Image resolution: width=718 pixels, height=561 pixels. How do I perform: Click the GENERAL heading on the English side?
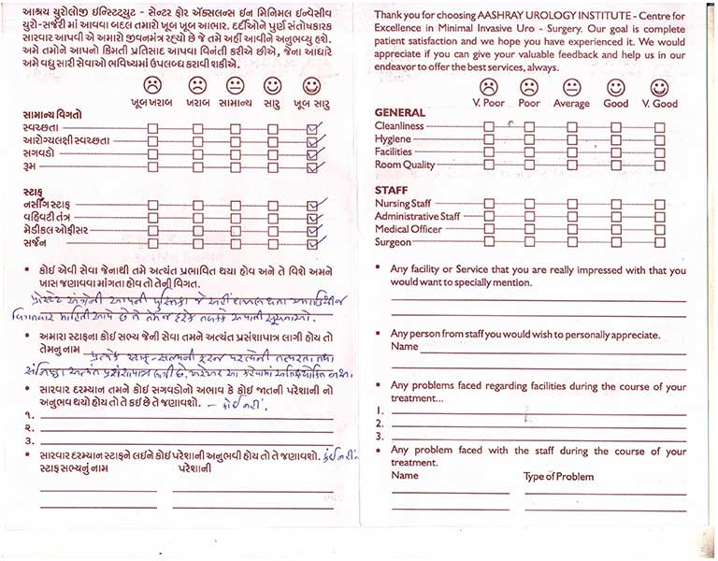pyautogui.click(x=399, y=111)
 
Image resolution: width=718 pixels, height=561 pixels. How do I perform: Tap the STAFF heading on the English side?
pyautogui.click(x=391, y=190)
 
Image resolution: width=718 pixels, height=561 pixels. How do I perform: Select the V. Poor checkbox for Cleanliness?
pyautogui.click(x=488, y=126)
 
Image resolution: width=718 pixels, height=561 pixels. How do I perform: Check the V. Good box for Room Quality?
pyautogui.click(x=660, y=165)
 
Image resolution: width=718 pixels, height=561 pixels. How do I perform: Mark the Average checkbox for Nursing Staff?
pyautogui.click(x=571, y=203)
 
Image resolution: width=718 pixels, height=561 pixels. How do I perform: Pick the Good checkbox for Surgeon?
pyautogui.click(x=615, y=242)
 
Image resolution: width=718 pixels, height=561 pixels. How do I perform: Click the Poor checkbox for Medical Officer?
pyautogui.click(x=529, y=229)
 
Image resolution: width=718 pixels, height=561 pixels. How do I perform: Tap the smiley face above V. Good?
pyautogui.click(x=659, y=87)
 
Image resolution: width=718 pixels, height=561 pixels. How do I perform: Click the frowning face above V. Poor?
pyautogui.click(x=488, y=87)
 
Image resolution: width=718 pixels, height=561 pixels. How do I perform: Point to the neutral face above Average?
pyautogui.click(x=572, y=87)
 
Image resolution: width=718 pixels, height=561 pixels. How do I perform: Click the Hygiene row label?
pyautogui.click(x=393, y=138)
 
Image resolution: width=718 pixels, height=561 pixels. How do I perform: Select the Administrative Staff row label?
pyautogui.click(x=417, y=216)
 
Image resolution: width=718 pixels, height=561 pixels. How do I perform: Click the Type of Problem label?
pyautogui.click(x=559, y=477)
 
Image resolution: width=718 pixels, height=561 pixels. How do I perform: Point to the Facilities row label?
pyautogui.click(x=394, y=151)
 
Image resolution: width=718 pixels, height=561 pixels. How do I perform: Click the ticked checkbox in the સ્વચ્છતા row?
pyautogui.click(x=312, y=129)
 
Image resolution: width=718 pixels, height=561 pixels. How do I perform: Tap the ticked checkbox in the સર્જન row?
pyautogui.click(x=312, y=243)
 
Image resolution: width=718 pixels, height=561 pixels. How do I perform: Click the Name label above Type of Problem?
pyautogui.click(x=405, y=476)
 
